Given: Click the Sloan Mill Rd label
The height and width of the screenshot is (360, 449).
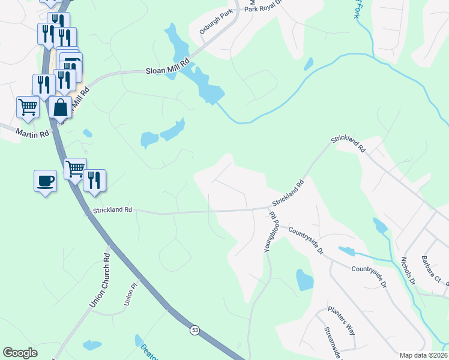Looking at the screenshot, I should click(x=167, y=66).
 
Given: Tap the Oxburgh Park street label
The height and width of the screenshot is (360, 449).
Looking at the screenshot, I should click(x=215, y=22).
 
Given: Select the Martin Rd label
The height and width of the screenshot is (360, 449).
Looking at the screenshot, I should click(x=32, y=133).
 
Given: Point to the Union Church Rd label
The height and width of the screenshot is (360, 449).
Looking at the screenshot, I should click(x=100, y=280).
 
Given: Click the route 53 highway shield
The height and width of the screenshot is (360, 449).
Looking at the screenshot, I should click(x=194, y=330).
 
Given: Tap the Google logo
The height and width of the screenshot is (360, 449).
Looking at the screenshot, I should click(x=20, y=353).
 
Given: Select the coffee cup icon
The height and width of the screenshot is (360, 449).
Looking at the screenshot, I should click(x=46, y=180).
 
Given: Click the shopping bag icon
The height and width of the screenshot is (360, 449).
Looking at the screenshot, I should click(x=60, y=107).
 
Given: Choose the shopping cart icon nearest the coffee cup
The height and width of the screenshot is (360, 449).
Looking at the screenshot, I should click(x=75, y=168).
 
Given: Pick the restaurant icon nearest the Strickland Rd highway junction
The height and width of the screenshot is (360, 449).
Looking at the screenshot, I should click(x=94, y=180).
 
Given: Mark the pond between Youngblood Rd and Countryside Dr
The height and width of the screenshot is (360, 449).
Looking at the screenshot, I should click(x=304, y=280).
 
